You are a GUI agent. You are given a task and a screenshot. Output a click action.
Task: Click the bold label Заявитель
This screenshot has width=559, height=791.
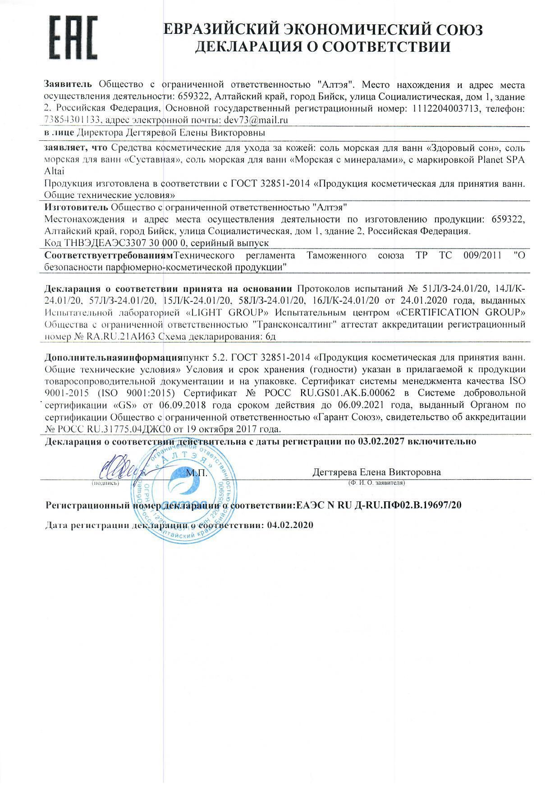click(68, 84)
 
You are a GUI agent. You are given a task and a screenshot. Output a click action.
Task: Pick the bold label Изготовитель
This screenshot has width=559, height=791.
click(76, 207)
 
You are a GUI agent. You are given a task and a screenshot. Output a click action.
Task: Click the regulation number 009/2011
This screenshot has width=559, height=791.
click(482, 255)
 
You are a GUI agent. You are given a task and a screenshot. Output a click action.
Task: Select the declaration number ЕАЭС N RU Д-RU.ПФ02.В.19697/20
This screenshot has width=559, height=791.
click(378, 505)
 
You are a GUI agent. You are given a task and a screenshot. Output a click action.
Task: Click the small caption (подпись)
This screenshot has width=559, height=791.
click(105, 483)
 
